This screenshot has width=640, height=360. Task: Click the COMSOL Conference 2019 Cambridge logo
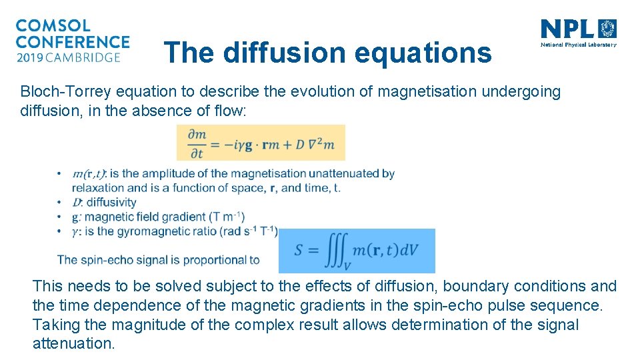tap(72, 41)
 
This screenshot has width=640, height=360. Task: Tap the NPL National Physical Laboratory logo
tap(578, 33)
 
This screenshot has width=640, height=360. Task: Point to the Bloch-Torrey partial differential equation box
tap(261, 142)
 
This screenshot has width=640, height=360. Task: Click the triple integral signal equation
tap(357, 251)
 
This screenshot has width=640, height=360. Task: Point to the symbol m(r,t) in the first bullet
tap(89, 174)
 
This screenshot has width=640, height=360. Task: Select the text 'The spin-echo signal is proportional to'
tap(159, 259)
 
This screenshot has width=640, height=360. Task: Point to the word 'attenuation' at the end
tap(73, 344)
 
